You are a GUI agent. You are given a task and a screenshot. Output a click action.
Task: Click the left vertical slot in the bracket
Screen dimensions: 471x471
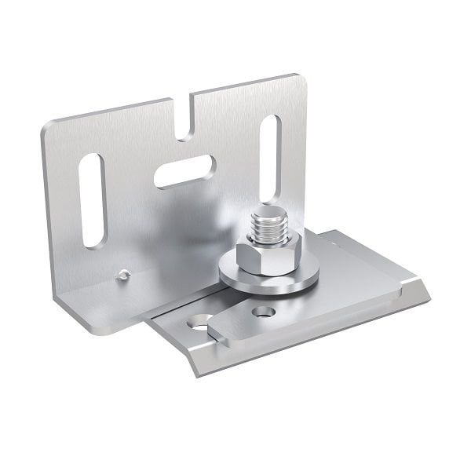point(93,201)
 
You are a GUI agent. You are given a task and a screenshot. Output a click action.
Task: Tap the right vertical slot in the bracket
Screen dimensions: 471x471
point(269,158)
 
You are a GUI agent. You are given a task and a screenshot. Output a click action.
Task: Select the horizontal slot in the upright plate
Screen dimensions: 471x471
point(184,171)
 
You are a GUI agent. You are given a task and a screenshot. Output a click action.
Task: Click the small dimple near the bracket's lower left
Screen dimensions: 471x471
point(122,275)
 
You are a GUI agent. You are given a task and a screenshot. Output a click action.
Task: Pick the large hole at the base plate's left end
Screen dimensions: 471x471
point(200,322)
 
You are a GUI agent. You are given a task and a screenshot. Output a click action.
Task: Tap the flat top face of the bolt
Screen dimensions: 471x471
point(268,213)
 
